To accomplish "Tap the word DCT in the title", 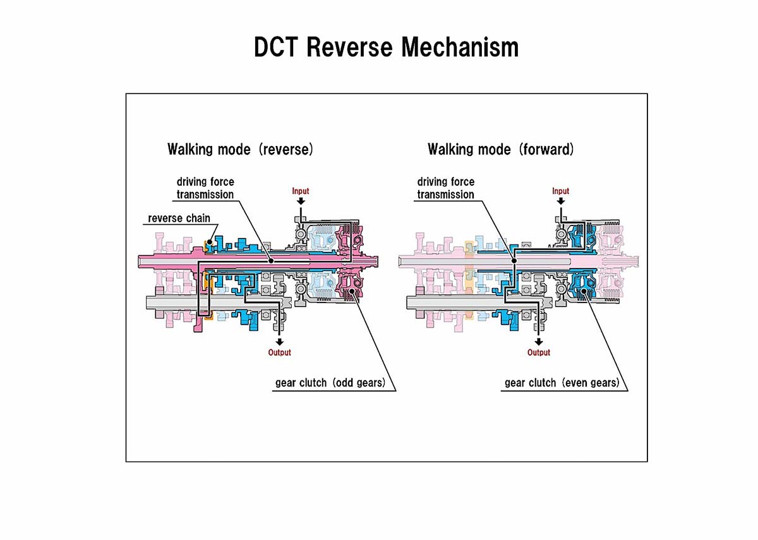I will (276, 48).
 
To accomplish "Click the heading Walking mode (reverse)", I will (240, 150).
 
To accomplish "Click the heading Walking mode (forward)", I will (501, 150).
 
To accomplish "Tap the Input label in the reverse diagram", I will (301, 191).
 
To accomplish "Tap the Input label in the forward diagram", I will (560, 191).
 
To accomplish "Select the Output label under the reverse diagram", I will (279, 352).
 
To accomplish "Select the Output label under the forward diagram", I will (539, 352).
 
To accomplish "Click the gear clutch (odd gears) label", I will (330, 383).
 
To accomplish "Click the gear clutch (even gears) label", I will (561, 383).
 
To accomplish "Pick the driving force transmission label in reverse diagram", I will (205, 188).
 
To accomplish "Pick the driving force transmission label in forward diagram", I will (445, 188).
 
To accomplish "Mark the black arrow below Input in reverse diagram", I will (301, 201).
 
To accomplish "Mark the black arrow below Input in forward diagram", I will (560, 201).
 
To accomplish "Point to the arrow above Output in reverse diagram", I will (279, 342).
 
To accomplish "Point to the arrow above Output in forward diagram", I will (539, 342).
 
